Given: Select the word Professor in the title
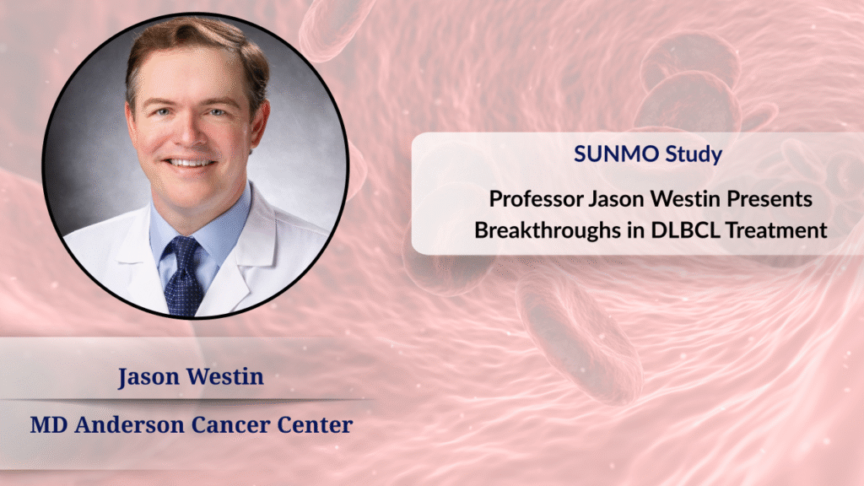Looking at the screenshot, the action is pyautogui.click(x=536, y=199).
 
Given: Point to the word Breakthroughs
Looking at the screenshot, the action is pyautogui.click(x=547, y=230).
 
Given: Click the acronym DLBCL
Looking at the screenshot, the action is pyautogui.click(x=685, y=230).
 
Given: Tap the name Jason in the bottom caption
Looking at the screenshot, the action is pyautogui.click(x=148, y=377).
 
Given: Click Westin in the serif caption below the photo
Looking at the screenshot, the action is pyautogui.click(x=224, y=377).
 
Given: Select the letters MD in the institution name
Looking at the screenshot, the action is pyautogui.click(x=48, y=425).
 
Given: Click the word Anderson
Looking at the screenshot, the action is pyautogui.click(x=129, y=425).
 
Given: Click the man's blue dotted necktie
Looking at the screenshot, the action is pyautogui.click(x=183, y=277).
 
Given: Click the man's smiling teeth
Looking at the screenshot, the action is pyautogui.click(x=190, y=163).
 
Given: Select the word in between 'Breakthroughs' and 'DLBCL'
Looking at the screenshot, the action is pyautogui.click(x=636, y=230).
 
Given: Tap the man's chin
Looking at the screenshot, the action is pyautogui.click(x=190, y=193).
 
